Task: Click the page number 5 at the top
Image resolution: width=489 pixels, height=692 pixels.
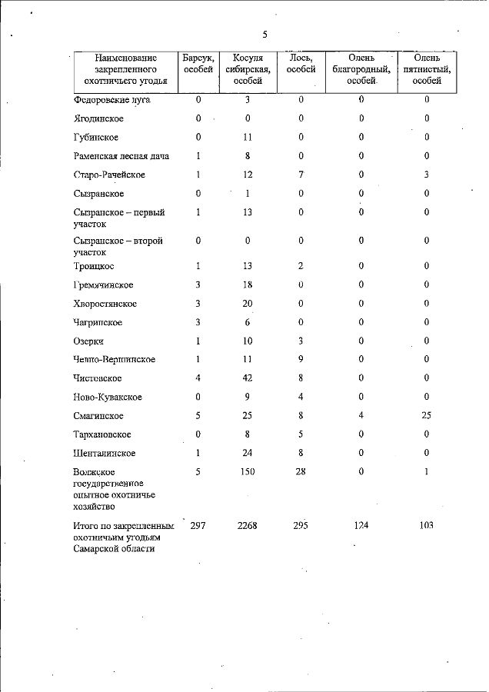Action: (x=264, y=34)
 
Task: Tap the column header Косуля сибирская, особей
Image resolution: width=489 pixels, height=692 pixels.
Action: (x=248, y=69)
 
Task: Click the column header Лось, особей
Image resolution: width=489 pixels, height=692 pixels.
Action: (x=301, y=64)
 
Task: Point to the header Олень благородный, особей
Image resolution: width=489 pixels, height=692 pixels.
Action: (x=361, y=69)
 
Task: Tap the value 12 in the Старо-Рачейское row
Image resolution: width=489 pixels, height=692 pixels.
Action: (x=248, y=175)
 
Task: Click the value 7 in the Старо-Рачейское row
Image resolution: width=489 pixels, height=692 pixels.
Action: (x=301, y=175)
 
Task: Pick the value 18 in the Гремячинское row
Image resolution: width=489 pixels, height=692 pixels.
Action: (x=248, y=285)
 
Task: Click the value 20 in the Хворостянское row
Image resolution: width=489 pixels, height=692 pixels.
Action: (x=248, y=304)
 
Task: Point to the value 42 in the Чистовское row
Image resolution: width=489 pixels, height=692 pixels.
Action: (x=248, y=378)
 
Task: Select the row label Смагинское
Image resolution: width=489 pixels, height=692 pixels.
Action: (x=99, y=416)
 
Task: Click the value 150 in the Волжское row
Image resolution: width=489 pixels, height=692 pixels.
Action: (x=248, y=471)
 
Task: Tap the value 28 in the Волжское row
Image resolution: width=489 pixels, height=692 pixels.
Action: (x=301, y=471)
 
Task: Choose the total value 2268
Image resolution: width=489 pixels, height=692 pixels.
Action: (x=248, y=526)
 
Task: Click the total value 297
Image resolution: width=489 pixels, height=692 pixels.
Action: (x=198, y=526)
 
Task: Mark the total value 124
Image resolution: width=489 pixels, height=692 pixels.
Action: (x=361, y=526)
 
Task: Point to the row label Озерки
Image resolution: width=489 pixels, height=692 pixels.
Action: (x=88, y=341)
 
